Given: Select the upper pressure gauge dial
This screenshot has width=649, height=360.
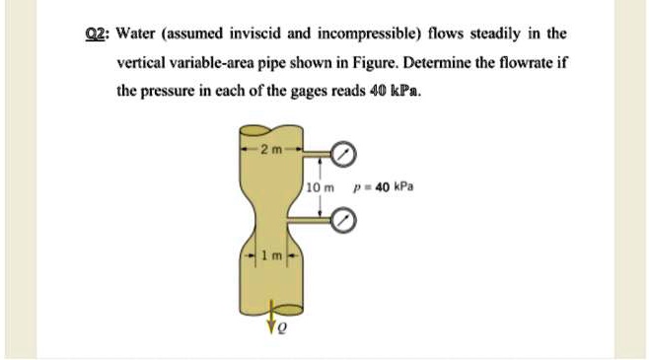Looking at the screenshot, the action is [342, 154].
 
